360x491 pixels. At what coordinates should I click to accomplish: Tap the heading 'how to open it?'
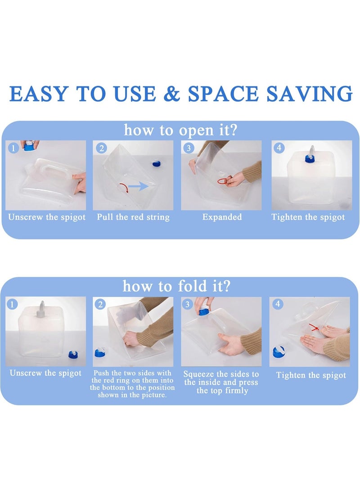click(x=180, y=130)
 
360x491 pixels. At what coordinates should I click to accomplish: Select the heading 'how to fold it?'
click(x=176, y=286)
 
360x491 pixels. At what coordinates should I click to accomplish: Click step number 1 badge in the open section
click(x=13, y=148)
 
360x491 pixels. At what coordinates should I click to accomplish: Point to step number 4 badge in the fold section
click(x=278, y=303)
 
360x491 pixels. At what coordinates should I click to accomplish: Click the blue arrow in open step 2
click(x=138, y=186)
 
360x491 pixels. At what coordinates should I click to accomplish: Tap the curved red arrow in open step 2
click(x=124, y=188)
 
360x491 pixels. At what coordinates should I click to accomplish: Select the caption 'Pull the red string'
click(x=133, y=217)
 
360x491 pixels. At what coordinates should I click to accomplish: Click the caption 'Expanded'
click(x=222, y=217)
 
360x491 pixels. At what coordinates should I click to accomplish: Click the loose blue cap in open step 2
click(x=157, y=163)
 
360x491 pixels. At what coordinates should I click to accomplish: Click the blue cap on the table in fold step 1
click(x=73, y=355)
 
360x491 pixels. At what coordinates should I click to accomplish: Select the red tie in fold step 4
click(x=314, y=328)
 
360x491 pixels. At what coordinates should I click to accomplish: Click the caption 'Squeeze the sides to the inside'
click(x=221, y=378)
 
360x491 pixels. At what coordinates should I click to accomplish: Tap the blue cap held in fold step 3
click(x=203, y=311)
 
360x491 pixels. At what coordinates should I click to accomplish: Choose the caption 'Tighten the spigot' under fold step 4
click(x=311, y=375)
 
